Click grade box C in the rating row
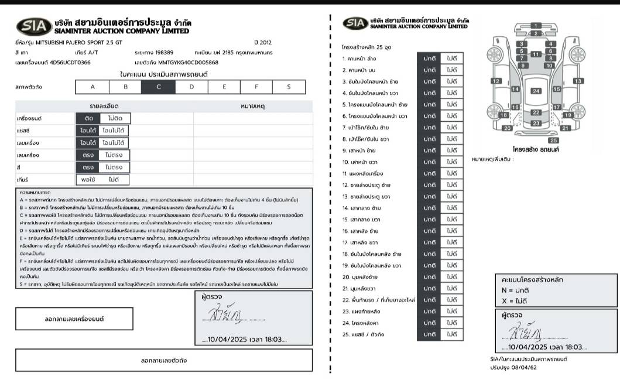(x=158, y=87)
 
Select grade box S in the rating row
(x=289, y=87)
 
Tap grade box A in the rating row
(x=92, y=87)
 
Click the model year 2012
(x=265, y=42)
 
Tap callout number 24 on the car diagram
(x=536, y=91)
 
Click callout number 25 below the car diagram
(x=553, y=141)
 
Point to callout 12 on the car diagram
(x=496, y=81)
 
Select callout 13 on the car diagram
(x=578, y=81)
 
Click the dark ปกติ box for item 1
(x=429, y=59)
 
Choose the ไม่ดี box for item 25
(x=452, y=334)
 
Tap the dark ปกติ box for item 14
(x=429, y=208)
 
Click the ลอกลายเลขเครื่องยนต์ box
(x=74, y=319)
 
